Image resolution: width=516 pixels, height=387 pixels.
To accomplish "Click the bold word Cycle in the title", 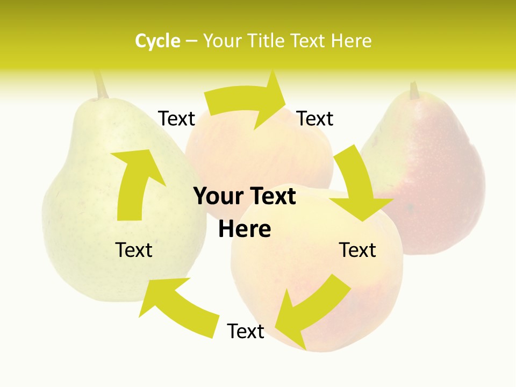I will pos(157,41).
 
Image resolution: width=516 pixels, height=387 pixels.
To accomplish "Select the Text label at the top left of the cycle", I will pos(177,119).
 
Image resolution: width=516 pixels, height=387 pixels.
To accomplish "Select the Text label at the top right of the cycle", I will pos(315,119).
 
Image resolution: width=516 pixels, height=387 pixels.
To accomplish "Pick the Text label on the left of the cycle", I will pos(134,250).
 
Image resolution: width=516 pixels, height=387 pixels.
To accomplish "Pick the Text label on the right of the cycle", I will pos(357,250).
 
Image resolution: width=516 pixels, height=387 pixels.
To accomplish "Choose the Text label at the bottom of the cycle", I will pos(246,331).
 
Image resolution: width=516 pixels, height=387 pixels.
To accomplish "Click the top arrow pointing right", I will pos(247,102).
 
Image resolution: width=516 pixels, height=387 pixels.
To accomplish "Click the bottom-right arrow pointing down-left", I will pos(314,306).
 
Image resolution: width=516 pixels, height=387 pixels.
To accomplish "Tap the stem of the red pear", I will pos(414,90).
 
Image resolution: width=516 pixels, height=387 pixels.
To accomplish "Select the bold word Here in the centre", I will pos(245,229).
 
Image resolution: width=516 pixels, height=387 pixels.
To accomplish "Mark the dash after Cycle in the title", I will pos(192,41).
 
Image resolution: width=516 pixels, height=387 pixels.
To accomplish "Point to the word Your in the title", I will pos(221,41).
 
